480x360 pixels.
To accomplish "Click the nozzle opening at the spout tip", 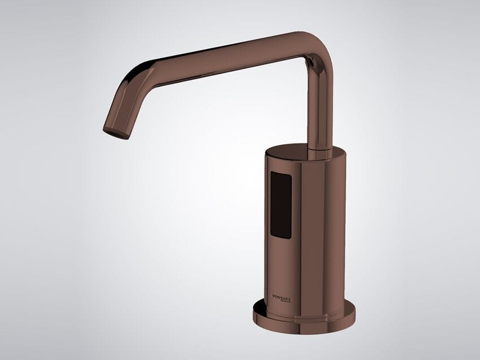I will [116, 133].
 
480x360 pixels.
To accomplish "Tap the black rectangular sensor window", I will [281, 205].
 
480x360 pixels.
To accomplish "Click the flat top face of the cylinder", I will [305, 152].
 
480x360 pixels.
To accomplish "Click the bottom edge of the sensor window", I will [281, 237].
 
